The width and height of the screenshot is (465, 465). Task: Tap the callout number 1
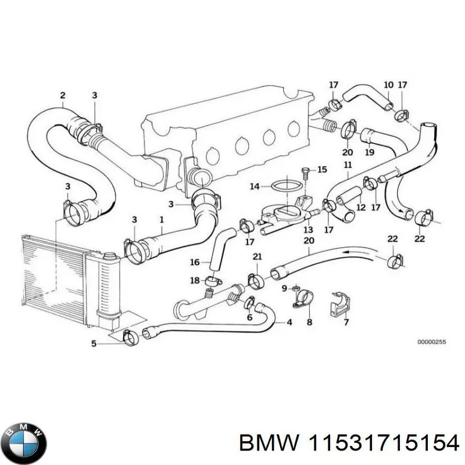tap(162, 220)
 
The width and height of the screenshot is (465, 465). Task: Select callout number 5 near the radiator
tap(94, 344)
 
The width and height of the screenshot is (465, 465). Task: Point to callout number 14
tap(254, 187)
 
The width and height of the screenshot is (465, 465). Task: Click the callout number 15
tap(322, 170)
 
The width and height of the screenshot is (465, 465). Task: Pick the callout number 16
tap(195, 262)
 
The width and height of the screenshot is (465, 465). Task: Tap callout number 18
tap(195, 280)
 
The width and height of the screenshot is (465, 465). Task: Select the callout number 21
tap(256, 257)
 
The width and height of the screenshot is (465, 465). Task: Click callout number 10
tap(388, 85)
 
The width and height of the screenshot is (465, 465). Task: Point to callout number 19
tap(369, 153)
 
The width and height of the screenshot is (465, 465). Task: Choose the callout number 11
tap(348, 166)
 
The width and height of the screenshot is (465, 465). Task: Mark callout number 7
tap(346, 321)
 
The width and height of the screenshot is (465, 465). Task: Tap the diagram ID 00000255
tap(431, 342)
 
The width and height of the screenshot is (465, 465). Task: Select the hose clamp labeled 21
tap(256, 280)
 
